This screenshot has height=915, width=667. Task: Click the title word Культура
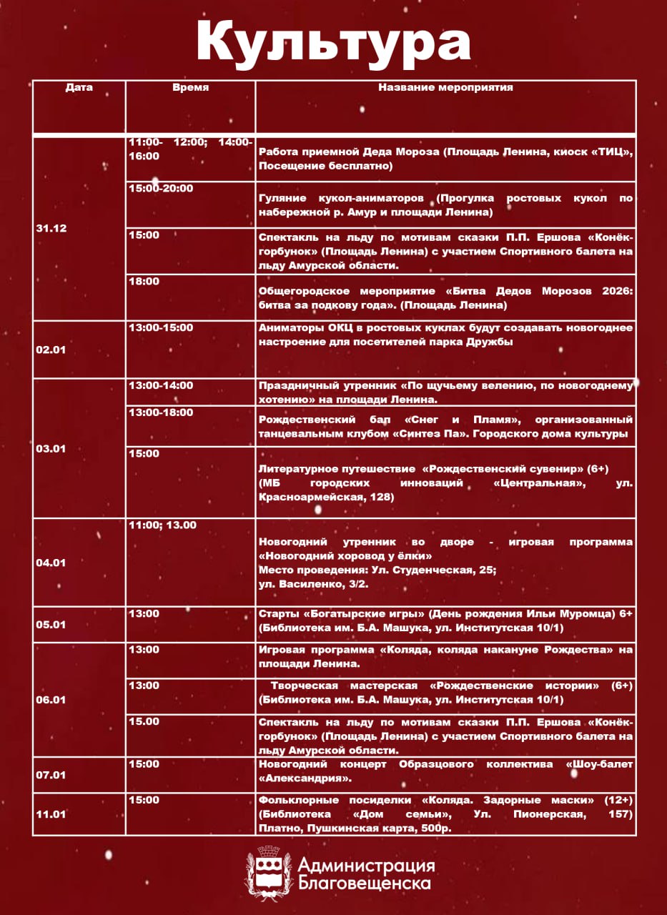(x=333, y=41)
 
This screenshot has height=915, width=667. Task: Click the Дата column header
(x=79, y=88)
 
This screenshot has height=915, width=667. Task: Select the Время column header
(x=190, y=88)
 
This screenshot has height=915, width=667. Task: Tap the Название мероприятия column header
(x=445, y=88)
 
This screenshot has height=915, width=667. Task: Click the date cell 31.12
(x=51, y=228)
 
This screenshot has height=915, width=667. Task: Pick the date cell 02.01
(x=51, y=350)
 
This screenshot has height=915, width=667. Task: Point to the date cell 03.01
(x=51, y=448)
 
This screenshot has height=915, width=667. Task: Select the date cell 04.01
(x=51, y=563)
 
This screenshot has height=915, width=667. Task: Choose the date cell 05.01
(x=51, y=624)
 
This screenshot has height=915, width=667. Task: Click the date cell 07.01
(x=51, y=774)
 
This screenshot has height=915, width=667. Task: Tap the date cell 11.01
(x=51, y=813)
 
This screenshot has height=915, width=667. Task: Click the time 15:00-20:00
(x=161, y=189)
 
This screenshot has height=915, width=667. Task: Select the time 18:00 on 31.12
(x=144, y=282)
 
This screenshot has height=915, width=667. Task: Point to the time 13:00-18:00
(x=161, y=412)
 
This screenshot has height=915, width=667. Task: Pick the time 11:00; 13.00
(x=162, y=525)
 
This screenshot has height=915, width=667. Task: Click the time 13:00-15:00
(x=161, y=328)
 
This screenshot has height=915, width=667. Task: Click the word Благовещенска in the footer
(x=364, y=884)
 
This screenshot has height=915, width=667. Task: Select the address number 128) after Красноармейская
(x=380, y=497)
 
